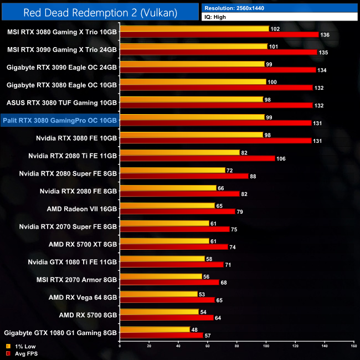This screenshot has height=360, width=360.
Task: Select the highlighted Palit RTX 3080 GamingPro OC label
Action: pos(60,120)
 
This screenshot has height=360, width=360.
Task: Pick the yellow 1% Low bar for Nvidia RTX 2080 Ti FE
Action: pos(179,152)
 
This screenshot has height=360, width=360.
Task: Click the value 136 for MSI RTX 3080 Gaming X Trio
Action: pos(326,34)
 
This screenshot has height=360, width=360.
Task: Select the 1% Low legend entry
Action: pos(20,346)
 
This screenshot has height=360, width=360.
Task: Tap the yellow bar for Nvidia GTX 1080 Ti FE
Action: pos(162,259)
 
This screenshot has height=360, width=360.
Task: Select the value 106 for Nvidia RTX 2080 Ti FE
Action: pos(282,158)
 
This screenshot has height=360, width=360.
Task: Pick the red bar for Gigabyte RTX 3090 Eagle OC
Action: pos(218,70)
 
